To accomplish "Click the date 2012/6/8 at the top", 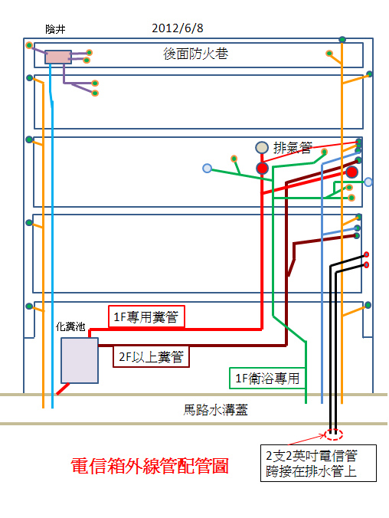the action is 178,28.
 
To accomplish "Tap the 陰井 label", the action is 55,29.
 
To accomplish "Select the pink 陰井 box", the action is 58,57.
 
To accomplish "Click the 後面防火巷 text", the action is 195,54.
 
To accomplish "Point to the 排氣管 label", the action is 293,148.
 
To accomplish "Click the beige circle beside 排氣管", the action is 262,147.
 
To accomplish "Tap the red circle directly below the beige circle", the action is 262,168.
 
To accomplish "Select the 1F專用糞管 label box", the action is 146,316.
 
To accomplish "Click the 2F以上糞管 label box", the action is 152,356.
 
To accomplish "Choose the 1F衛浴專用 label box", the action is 267,378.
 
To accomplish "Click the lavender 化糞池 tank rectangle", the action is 80,360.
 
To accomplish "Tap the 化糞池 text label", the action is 70,326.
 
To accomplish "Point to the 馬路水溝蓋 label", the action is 215,410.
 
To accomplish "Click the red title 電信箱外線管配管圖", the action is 149,466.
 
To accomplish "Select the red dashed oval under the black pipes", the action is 333,434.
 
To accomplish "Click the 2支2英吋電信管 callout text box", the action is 319,463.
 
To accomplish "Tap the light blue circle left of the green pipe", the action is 207,169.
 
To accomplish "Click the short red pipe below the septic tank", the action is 63,388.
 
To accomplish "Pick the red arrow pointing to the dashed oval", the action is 307,440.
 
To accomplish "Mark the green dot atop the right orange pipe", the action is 342,40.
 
